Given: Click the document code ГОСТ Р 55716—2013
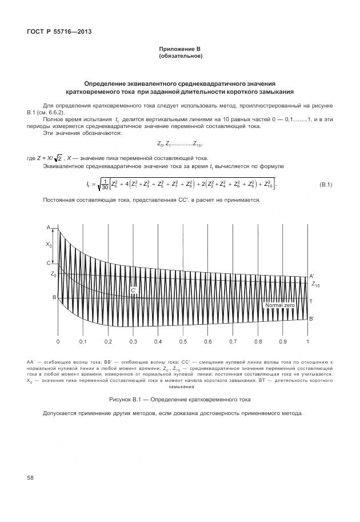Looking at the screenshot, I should pyautogui.click(x=59, y=31).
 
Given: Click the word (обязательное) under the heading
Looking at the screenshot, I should pyautogui.click(x=180, y=56).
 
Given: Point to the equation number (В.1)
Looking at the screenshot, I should pyautogui.click(x=326, y=184).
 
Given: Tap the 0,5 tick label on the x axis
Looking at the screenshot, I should pyautogui.click(x=183, y=341).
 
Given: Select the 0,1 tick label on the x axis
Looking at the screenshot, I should pyautogui.click(x=83, y=341).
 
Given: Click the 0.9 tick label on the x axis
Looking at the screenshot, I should pyautogui.click(x=283, y=341).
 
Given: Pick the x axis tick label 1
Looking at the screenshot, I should pyautogui.click(x=307, y=341).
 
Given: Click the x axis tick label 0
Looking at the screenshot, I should pyautogui.click(x=58, y=341).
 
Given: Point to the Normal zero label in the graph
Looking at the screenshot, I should pyautogui.click(x=279, y=305).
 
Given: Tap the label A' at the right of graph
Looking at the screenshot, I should pyautogui.click(x=311, y=276).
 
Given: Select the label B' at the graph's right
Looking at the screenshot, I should pyautogui.click(x=311, y=319).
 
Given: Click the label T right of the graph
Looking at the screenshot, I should pyautogui.click(x=311, y=301).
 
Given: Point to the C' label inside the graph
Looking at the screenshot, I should pyautogui.click(x=133, y=291).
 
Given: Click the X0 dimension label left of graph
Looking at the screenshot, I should pyautogui.click(x=49, y=244).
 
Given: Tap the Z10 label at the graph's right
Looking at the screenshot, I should pyautogui.click(x=315, y=284).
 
